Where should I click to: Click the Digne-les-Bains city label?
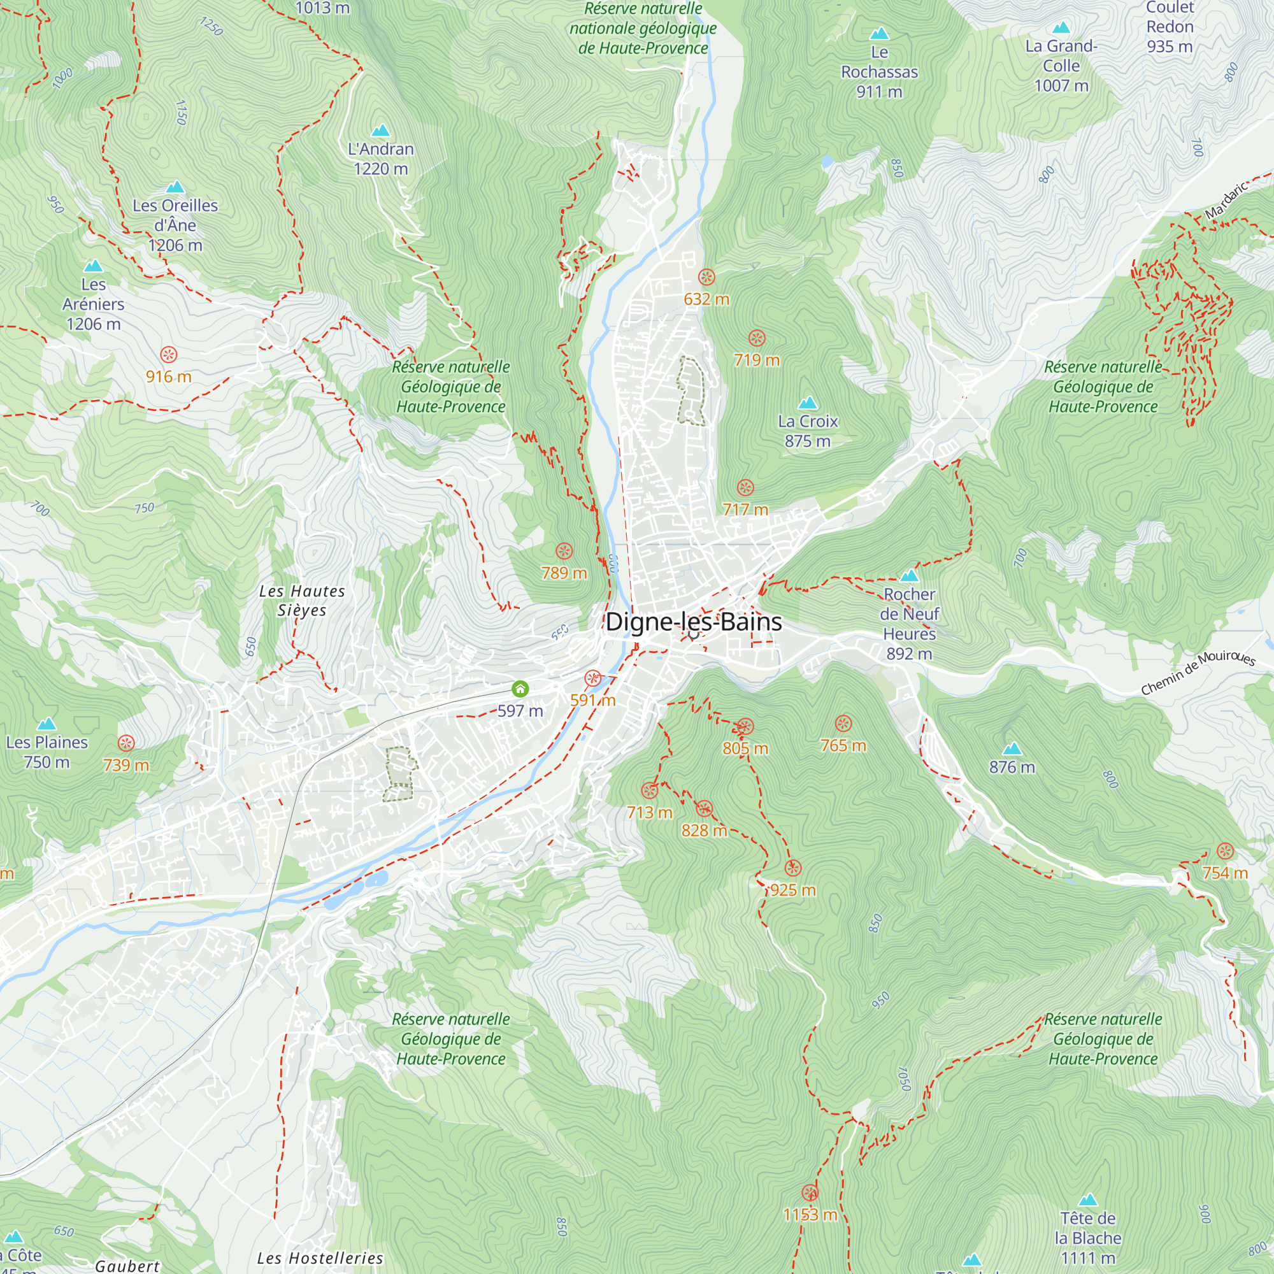(x=693, y=622)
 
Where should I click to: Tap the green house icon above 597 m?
(x=520, y=689)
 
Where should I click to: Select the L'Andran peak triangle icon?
(x=380, y=131)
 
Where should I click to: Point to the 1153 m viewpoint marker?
(x=810, y=1192)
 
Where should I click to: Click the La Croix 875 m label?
(x=807, y=431)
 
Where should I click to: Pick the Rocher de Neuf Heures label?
(x=909, y=623)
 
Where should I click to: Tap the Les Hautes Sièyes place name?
(x=301, y=600)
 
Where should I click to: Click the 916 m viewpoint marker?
(x=169, y=354)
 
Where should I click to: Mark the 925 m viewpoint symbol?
(x=792, y=868)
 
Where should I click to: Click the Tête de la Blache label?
(x=1087, y=1238)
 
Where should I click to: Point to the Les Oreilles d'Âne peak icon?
(x=175, y=187)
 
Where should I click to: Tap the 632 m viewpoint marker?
(x=706, y=277)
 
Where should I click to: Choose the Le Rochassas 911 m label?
(x=879, y=71)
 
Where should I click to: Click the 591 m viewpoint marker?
(x=593, y=678)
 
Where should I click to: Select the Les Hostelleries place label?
(x=320, y=1258)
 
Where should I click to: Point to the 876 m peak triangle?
(x=1012, y=748)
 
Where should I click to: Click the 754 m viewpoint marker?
(x=1224, y=850)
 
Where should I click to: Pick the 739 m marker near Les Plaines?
(x=126, y=743)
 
